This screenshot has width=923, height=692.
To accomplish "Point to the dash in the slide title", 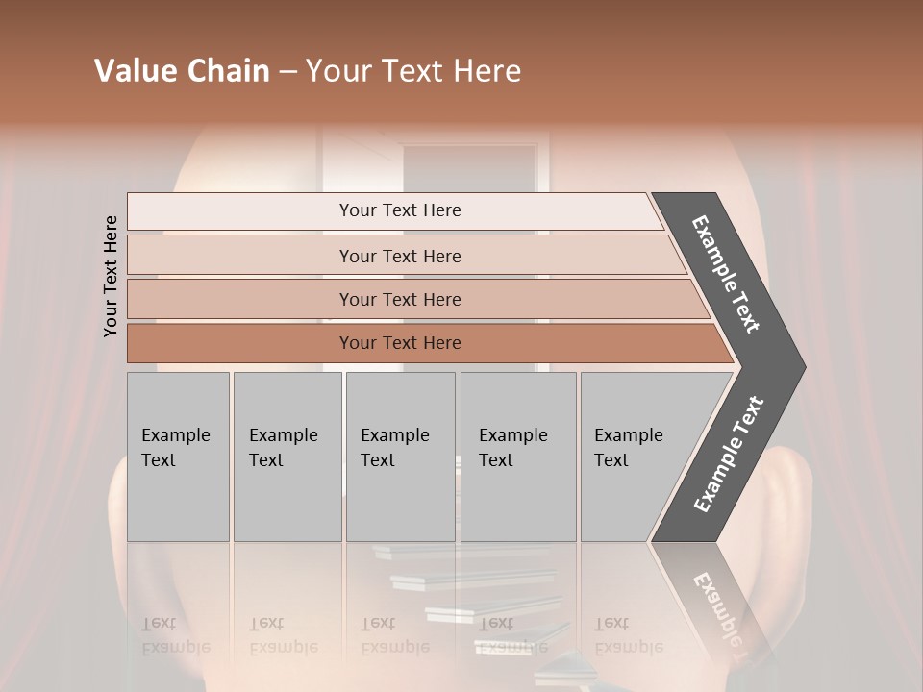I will [287, 72].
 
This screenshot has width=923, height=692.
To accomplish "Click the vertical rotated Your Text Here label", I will [111, 276].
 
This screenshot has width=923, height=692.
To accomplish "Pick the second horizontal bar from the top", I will [399, 256].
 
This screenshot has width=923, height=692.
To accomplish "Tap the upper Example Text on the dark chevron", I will [726, 274].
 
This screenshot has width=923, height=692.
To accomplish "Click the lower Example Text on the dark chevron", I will [728, 455].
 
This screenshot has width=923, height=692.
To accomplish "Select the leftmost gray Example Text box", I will [178, 457].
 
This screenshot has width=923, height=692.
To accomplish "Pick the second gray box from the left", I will [287, 457].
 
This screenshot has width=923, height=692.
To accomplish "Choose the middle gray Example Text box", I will [400, 457].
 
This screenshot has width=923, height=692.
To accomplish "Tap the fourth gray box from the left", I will [517, 457].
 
